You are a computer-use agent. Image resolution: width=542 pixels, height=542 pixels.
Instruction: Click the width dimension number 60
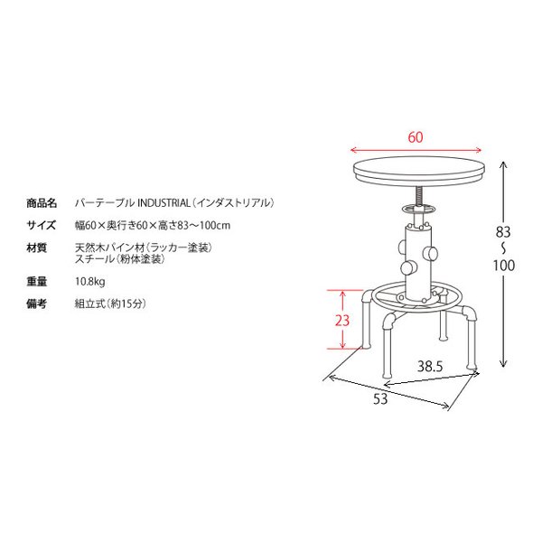[416, 137]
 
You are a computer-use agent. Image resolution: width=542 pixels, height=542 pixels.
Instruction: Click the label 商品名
[42, 203]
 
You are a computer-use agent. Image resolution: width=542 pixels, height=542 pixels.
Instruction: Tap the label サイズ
[42, 225]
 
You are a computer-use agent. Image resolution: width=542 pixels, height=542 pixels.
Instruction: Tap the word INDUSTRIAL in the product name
[164, 203]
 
